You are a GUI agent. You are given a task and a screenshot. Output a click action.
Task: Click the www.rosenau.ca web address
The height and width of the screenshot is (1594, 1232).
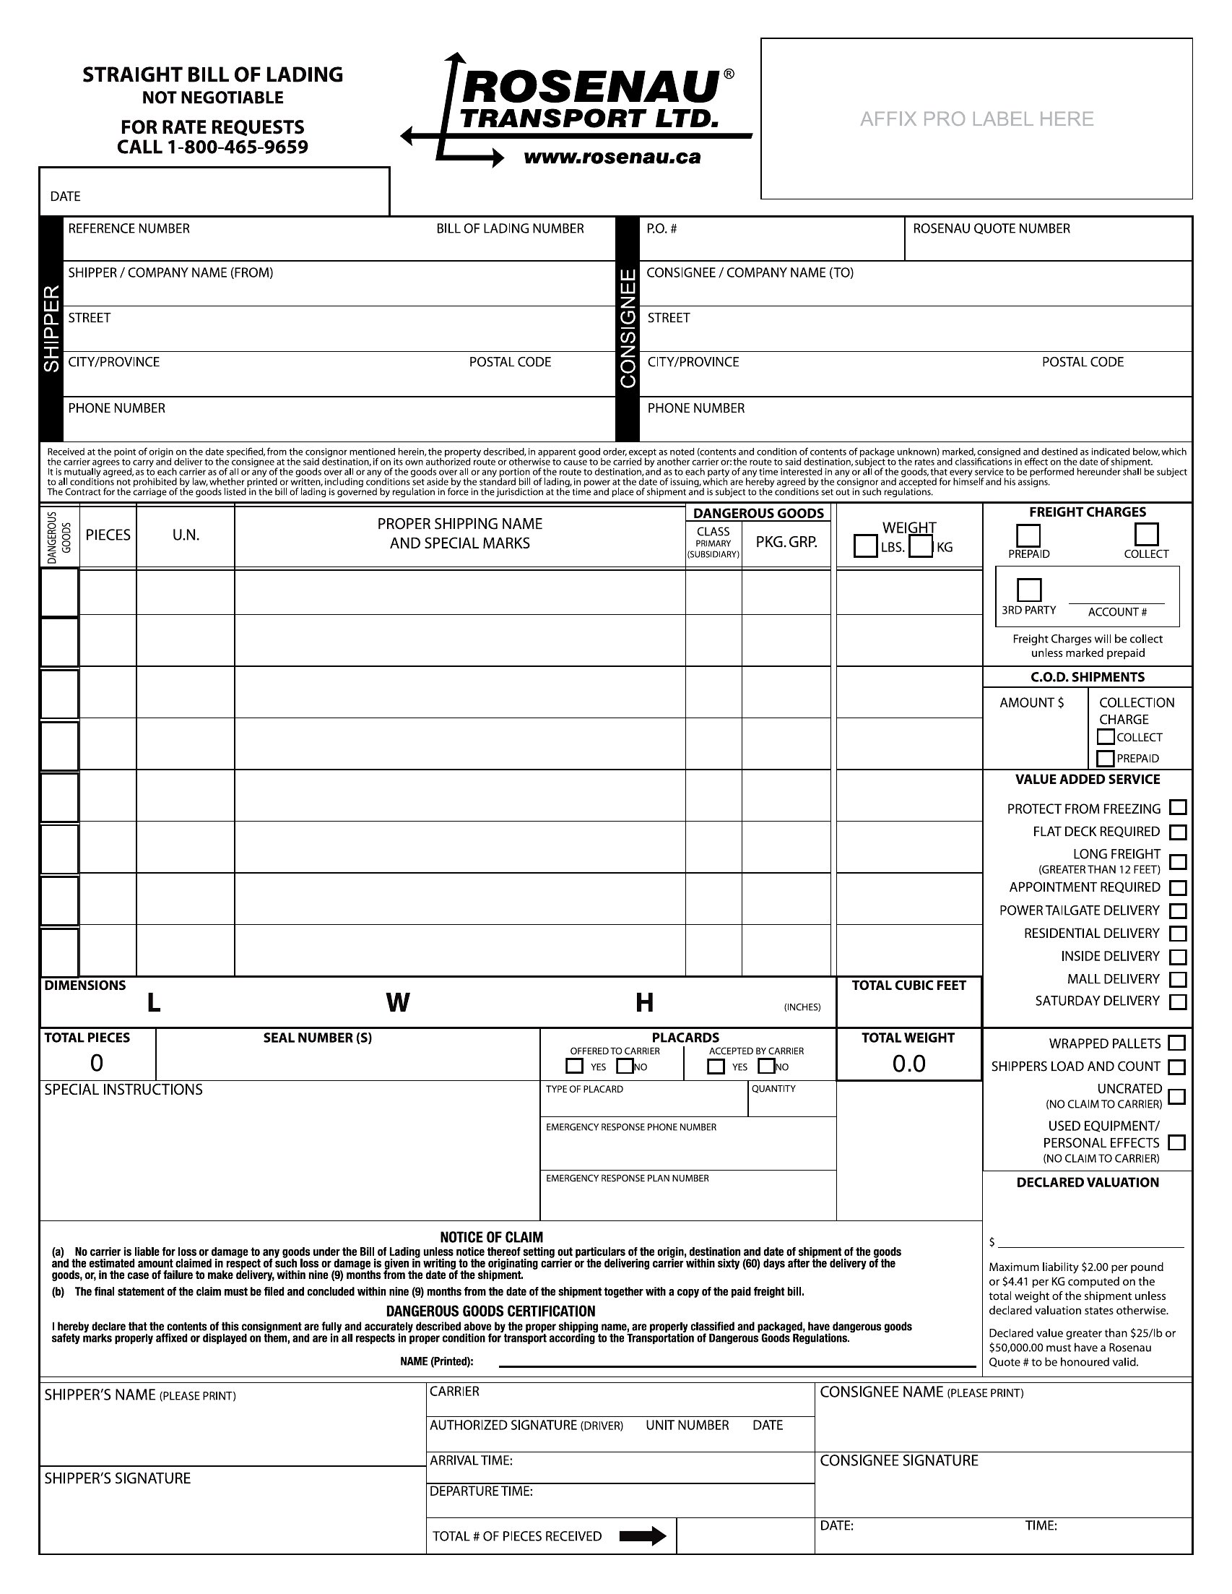612,157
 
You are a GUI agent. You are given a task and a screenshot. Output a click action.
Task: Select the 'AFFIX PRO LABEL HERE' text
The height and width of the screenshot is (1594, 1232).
976,119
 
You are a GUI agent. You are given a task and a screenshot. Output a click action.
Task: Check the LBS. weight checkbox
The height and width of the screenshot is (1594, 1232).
865,546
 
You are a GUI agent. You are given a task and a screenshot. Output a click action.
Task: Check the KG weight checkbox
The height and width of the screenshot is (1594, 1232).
921,546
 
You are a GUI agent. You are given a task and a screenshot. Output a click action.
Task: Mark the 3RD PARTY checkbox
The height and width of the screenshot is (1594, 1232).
1028,589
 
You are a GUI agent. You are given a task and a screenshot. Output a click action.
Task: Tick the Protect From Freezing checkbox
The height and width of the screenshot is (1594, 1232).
1177,807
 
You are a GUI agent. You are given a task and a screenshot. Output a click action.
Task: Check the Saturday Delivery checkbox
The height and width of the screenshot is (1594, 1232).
1177,1001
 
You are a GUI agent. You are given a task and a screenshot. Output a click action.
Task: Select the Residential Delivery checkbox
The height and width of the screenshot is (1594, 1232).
1177,934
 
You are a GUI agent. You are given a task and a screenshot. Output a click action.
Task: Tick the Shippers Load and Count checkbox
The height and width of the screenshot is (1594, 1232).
1176,1067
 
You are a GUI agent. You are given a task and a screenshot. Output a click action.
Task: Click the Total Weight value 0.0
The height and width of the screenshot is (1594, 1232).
909,1064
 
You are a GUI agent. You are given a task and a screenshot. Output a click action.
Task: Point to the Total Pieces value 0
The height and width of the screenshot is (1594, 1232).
96,1063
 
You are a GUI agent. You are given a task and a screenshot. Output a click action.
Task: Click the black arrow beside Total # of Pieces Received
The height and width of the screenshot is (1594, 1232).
642,1536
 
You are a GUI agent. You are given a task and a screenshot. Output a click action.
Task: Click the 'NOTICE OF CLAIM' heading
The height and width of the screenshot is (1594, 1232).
491,1237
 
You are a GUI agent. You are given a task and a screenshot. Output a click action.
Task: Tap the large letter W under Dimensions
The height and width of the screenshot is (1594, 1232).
397,1003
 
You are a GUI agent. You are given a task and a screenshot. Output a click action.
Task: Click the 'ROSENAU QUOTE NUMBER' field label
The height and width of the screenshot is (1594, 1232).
992,228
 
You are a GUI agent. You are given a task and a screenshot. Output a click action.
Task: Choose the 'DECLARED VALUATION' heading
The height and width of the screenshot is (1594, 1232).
1087,1182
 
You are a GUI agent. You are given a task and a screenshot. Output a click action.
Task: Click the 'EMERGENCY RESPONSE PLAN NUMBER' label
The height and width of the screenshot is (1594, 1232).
627,1178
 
